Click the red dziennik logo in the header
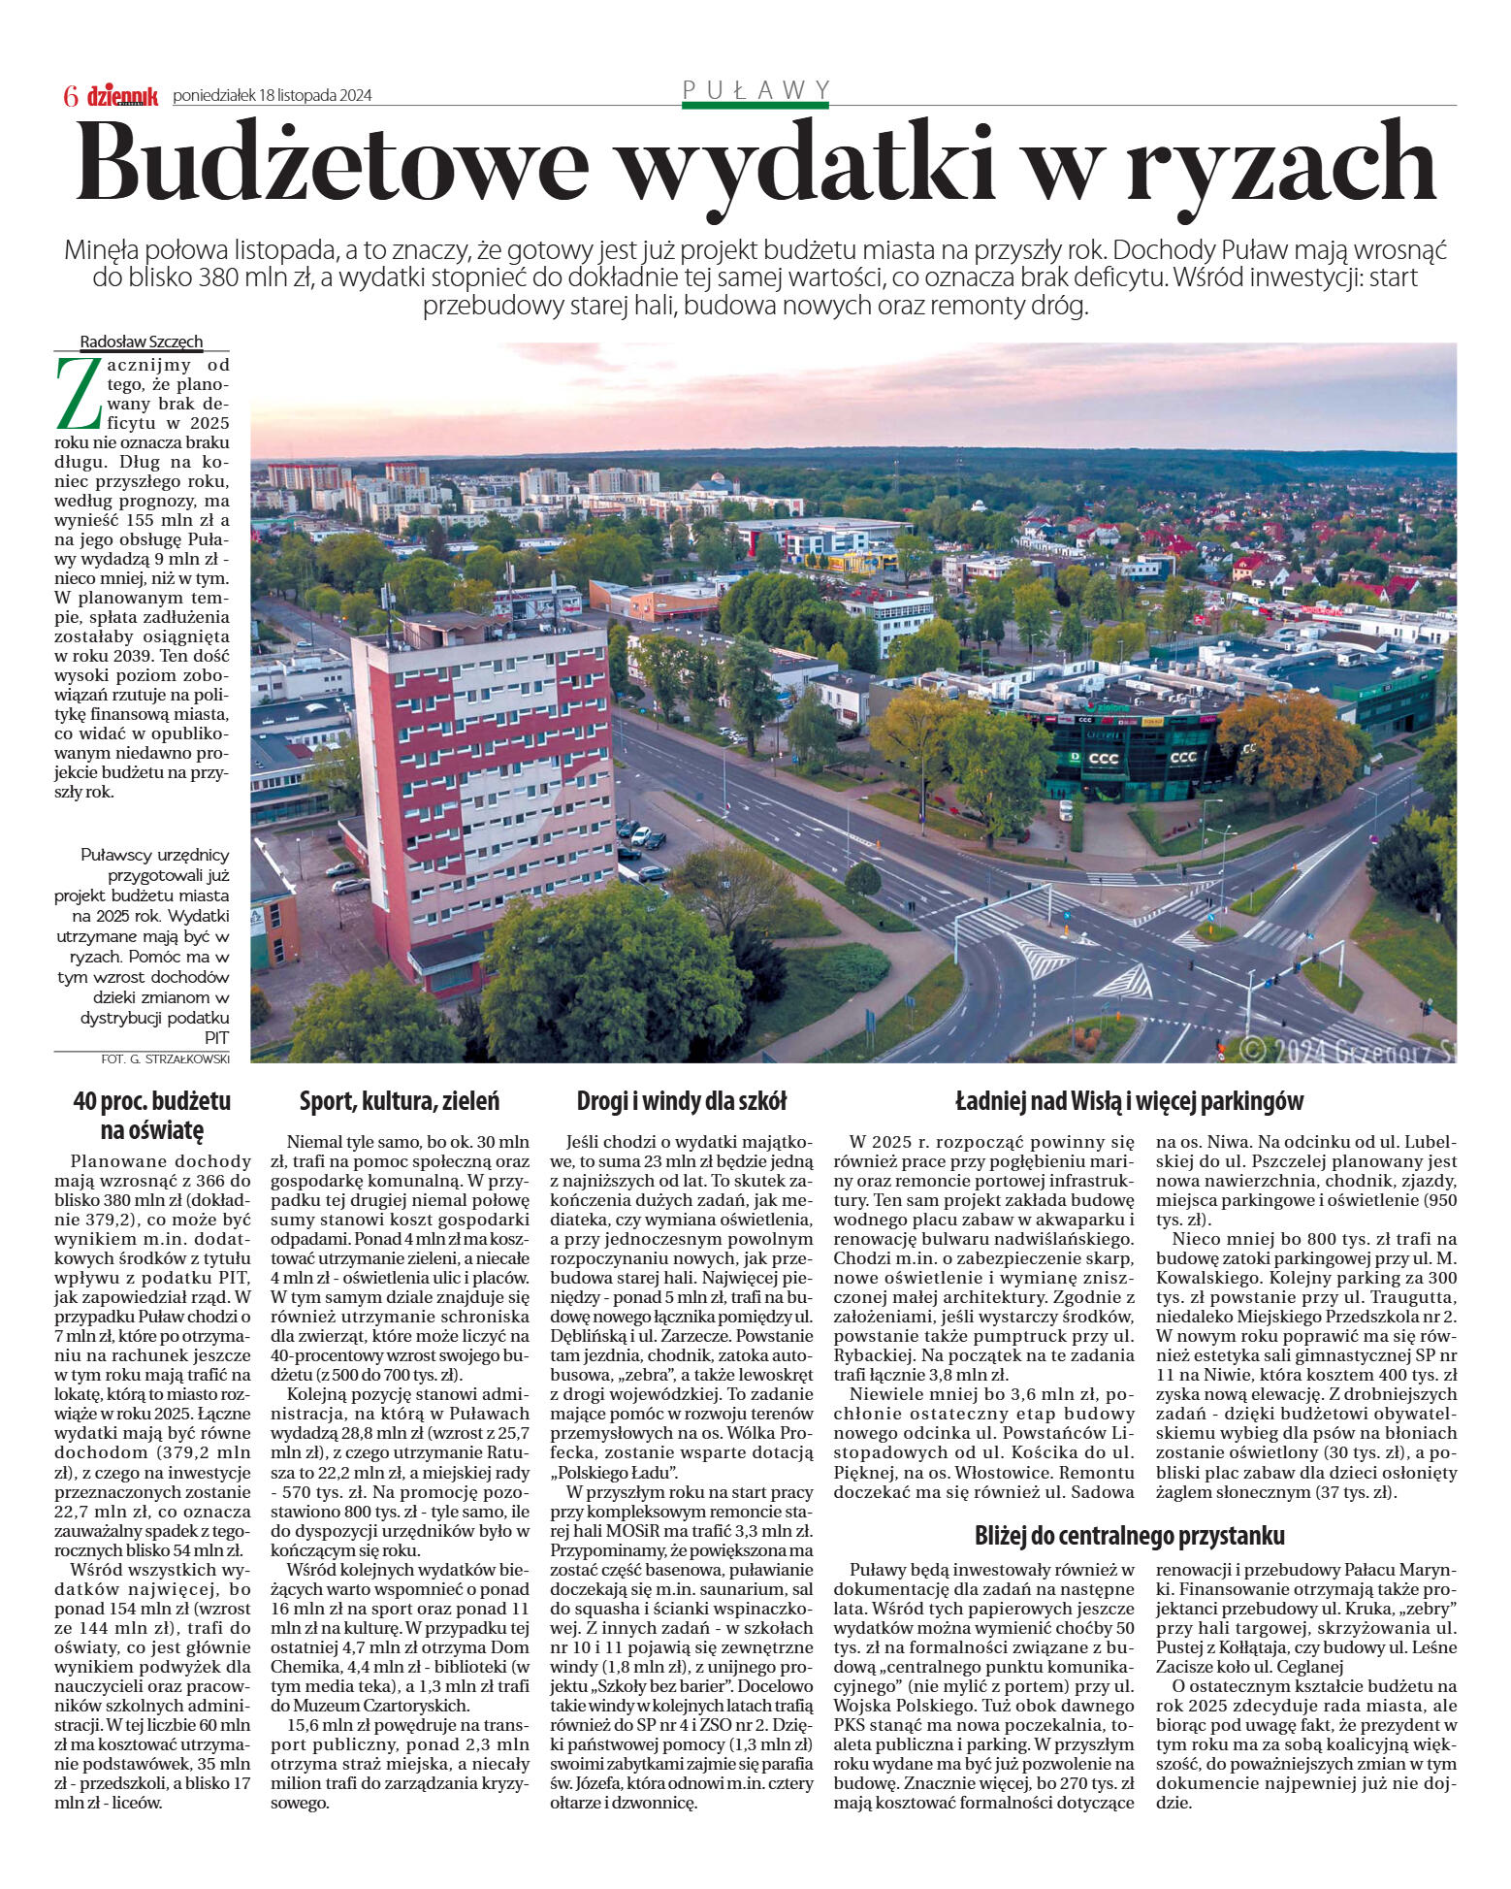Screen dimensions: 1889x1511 click(x=122, y=96)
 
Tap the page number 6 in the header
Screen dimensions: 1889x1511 click(x=70, y=96)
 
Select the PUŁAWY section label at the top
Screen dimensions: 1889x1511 click(x=755, y=90)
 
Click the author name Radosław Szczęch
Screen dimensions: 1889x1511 click(x=142, y=342)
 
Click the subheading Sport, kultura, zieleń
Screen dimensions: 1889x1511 click(x=400, y=1101)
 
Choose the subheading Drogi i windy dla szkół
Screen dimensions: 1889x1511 click(x=682, y=1101)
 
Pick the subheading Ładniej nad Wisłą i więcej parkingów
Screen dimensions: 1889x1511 click(x=1130, y=1101)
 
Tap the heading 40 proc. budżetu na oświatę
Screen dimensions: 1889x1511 click(x=152, y=1115)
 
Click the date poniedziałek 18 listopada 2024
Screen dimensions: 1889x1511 click(x=273, y=96)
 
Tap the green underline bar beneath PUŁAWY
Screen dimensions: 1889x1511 click(x=755, y=105)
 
